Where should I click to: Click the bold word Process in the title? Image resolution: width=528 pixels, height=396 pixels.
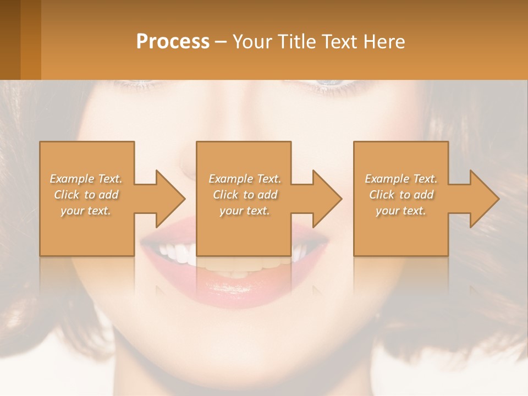[173, 42]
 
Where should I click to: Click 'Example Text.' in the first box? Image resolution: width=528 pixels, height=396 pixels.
[86, 179]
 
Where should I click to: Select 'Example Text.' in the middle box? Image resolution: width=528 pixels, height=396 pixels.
[245, 179]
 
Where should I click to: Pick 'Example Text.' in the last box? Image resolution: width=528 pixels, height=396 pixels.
[401, 179]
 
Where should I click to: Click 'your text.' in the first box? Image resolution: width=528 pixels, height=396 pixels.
[86, 211]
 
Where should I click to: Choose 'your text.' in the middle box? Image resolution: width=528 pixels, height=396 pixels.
[245, 211]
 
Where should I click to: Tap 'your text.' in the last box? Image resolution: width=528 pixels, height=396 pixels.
[401, 211]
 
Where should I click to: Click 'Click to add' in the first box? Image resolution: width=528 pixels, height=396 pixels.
[86, 195]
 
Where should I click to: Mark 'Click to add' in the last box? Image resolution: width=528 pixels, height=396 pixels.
[401, 195]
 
